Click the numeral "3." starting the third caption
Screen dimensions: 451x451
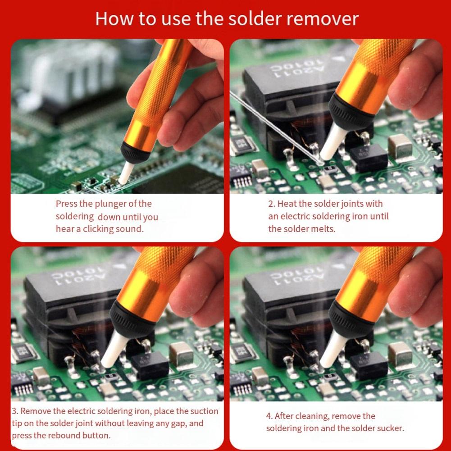[15, 411]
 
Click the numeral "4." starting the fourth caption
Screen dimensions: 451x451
[269, 416]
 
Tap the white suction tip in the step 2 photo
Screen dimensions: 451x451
[334, 143]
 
